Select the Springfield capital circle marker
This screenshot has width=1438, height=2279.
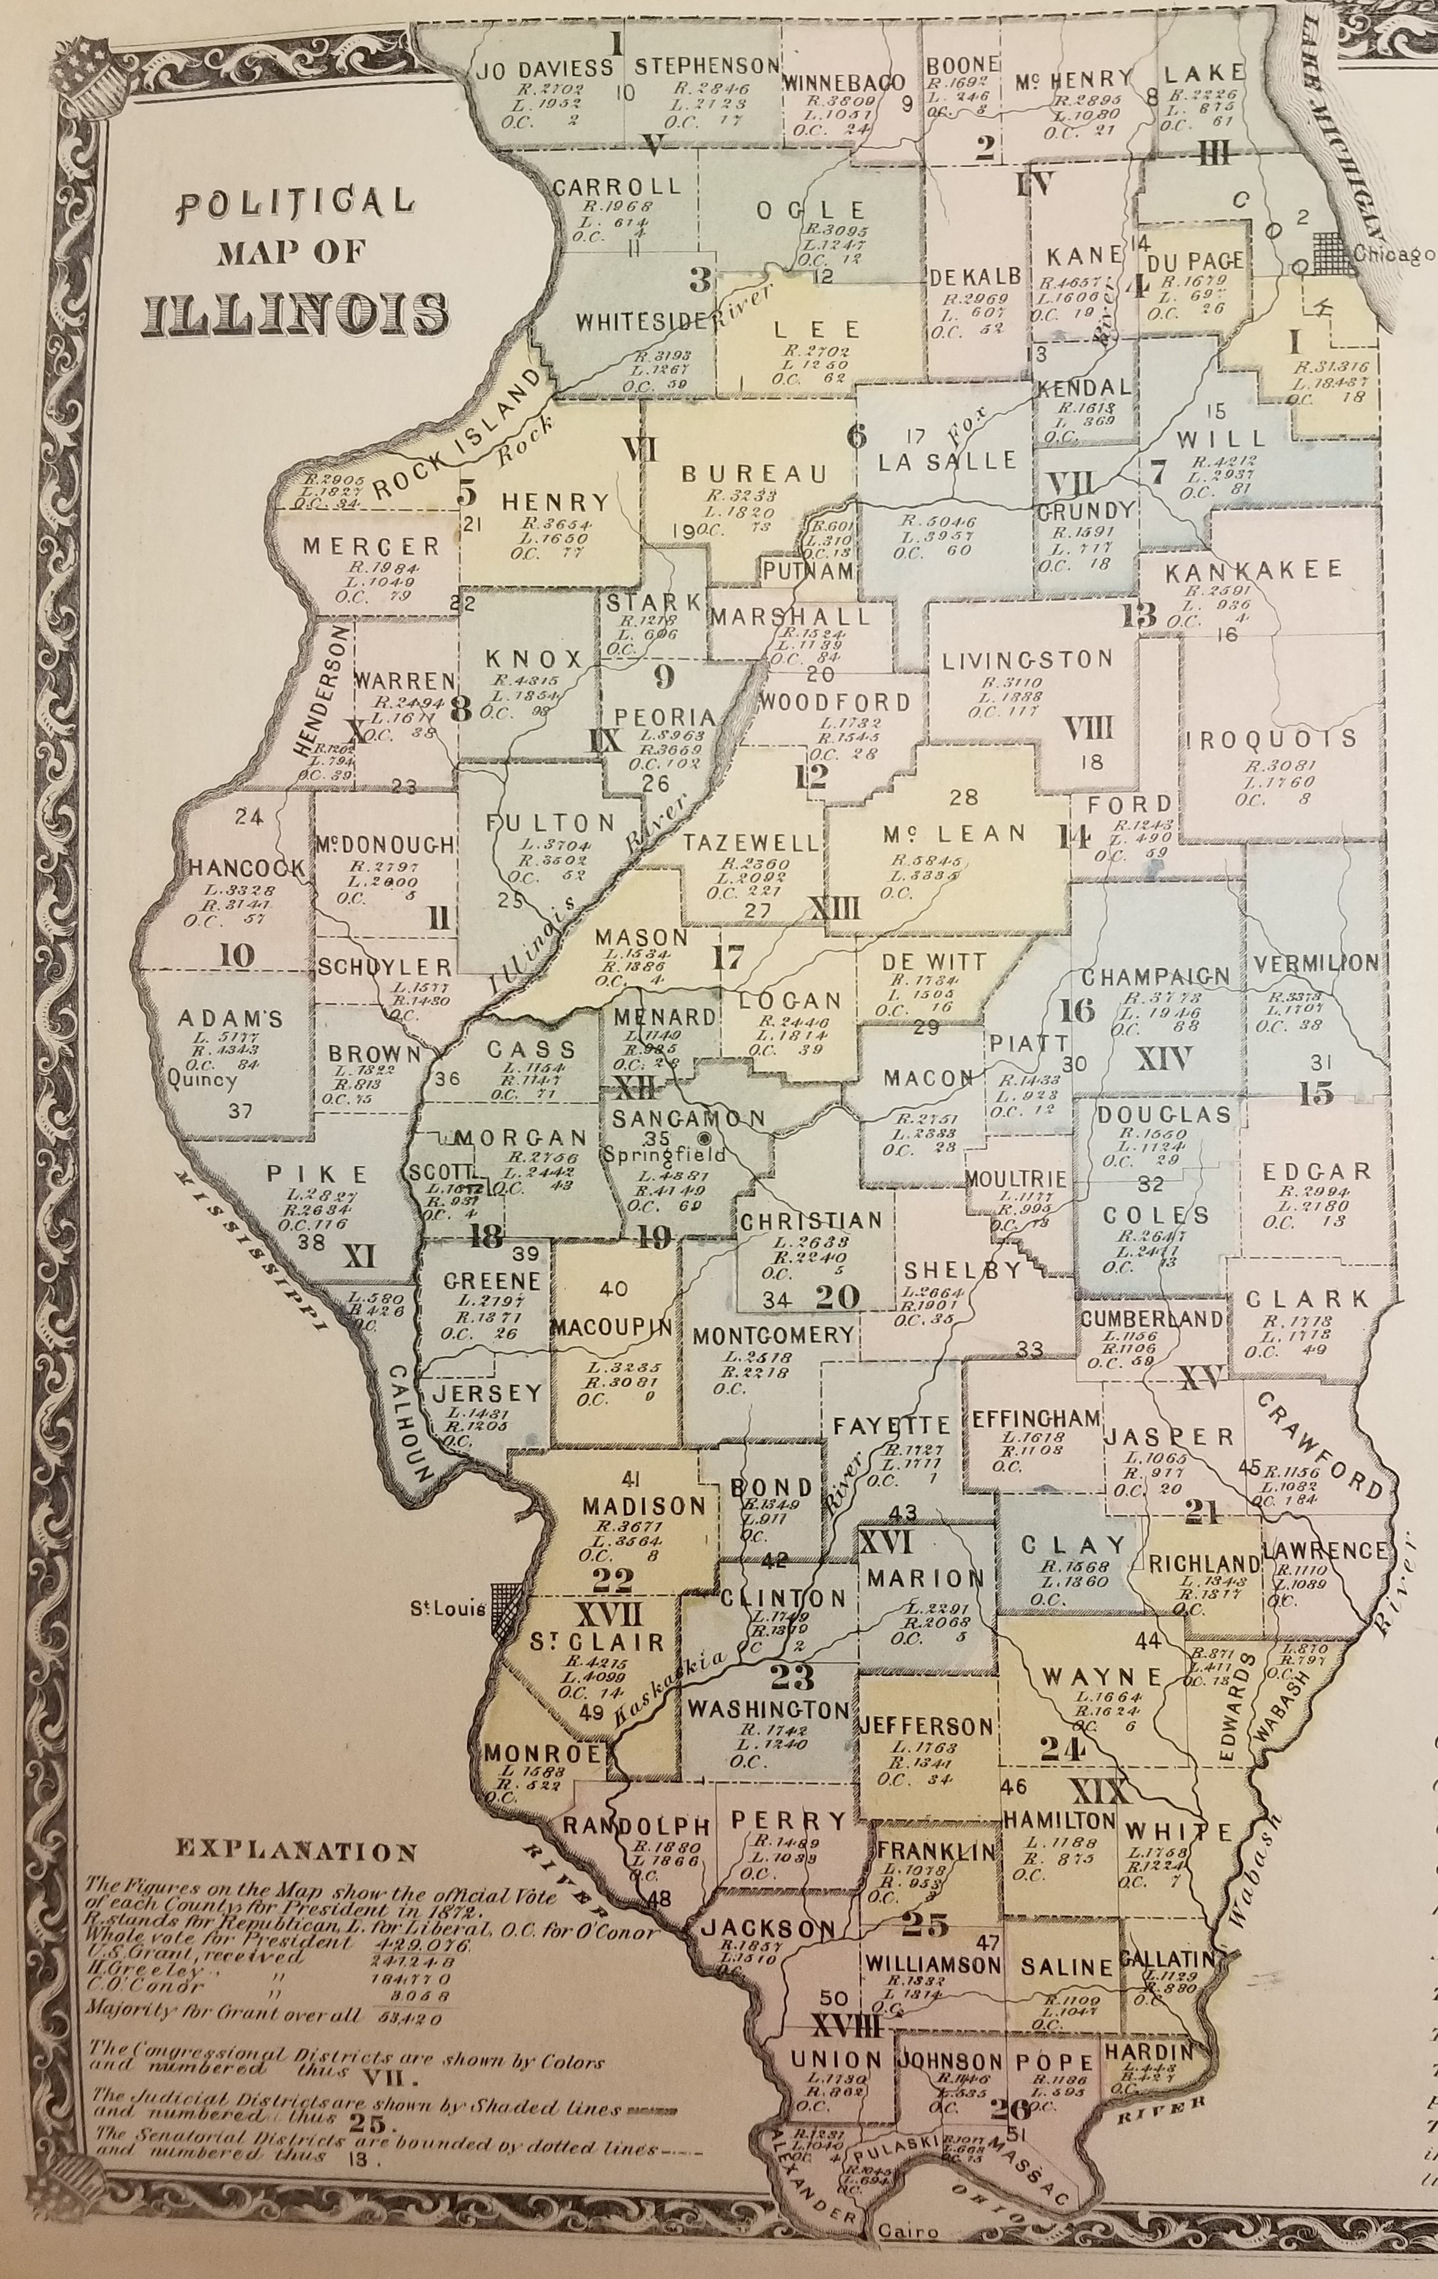click(704, 1138)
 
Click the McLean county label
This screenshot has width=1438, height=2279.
click(952, 833)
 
